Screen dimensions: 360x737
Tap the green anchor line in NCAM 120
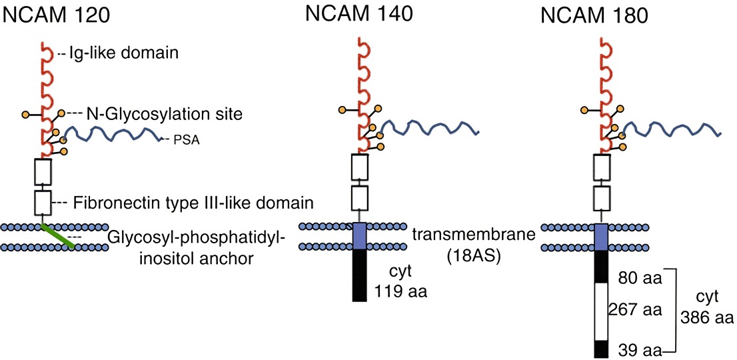pos(59,237)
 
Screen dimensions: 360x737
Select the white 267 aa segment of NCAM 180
pos(601,311)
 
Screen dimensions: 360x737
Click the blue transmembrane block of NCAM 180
pos(601,237)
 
